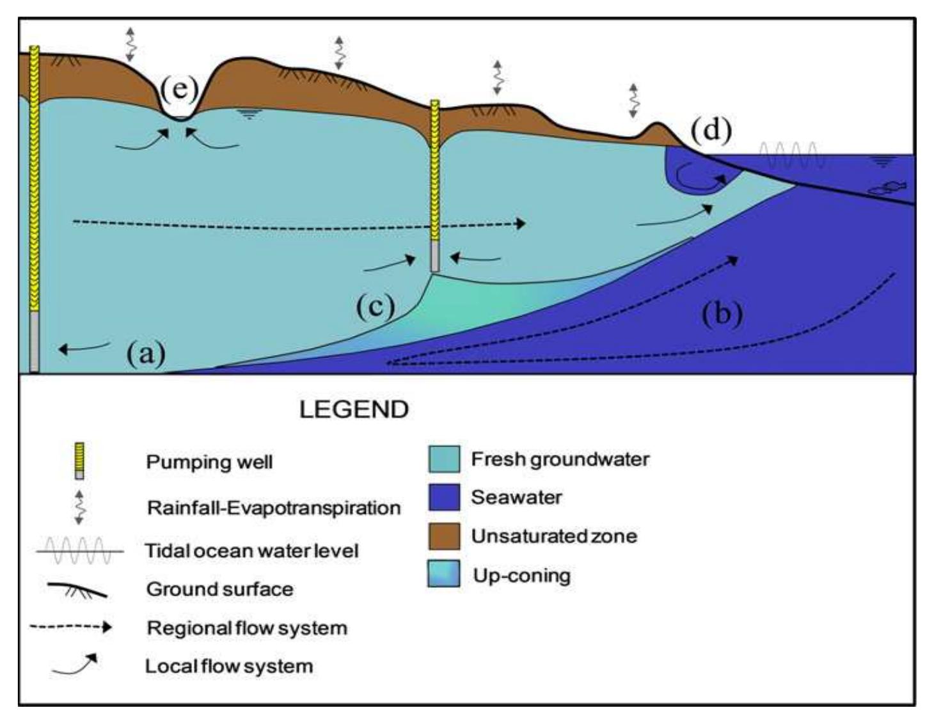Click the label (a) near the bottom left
click(x=146, y=352)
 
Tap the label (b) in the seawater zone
click(x=722, y=313)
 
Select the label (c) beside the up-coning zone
click(x=376, y=306)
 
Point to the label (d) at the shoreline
click(x=711, y=130)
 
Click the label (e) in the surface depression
click(x=178, y=88)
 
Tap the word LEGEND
click(x=354, y=409)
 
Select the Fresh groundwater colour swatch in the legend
click(x=444, y=459)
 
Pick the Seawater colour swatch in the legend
click(x=444, y=498)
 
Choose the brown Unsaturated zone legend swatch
click(x=444, y=536)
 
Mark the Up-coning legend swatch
click(x=444, y=574)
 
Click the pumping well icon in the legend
click(x=79, y=461)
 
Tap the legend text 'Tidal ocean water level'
click(x=252, y=551)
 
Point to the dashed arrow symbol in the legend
click(x=70, y=627)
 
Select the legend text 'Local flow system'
click(x=229, y=666)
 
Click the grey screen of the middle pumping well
click(x=434, y=256)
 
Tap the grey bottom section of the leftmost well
click(x=35, y=342)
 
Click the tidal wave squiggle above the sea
click(x=788, y=154)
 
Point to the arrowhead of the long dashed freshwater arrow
click(x=521, y=223)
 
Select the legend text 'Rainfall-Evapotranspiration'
click(x=274, y=508)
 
